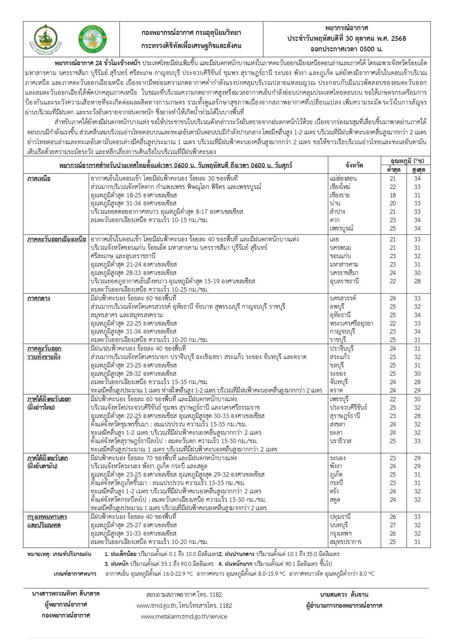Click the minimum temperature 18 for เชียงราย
point(392,195)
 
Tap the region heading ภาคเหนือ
point(39,178)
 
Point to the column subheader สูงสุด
point(417,170)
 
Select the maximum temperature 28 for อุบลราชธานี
point(417,281)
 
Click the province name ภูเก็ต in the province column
point(336,475)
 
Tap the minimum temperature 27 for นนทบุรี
point(392,525)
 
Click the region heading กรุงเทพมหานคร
point(47,517)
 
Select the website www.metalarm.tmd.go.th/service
point(184,616)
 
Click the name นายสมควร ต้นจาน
point(344,595)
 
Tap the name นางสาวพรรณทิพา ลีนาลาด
point(66,594)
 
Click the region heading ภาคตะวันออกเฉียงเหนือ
point(57,239)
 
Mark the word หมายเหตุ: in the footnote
point(39,554)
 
